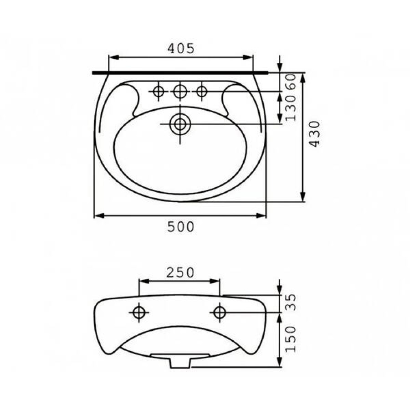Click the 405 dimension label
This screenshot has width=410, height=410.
click(181, 48)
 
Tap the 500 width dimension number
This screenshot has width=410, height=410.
click(181, 227)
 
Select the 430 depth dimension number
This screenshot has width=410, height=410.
click(314, 134)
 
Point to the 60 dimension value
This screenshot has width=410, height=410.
click(291, 82)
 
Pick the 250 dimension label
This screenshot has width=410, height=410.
click(180, 273)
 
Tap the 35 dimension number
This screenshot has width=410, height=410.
click(291, 302)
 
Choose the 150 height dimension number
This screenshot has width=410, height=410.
click(291, 339)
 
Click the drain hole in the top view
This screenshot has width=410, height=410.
click(180, 124)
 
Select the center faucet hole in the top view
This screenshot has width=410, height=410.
click(180, 91)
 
